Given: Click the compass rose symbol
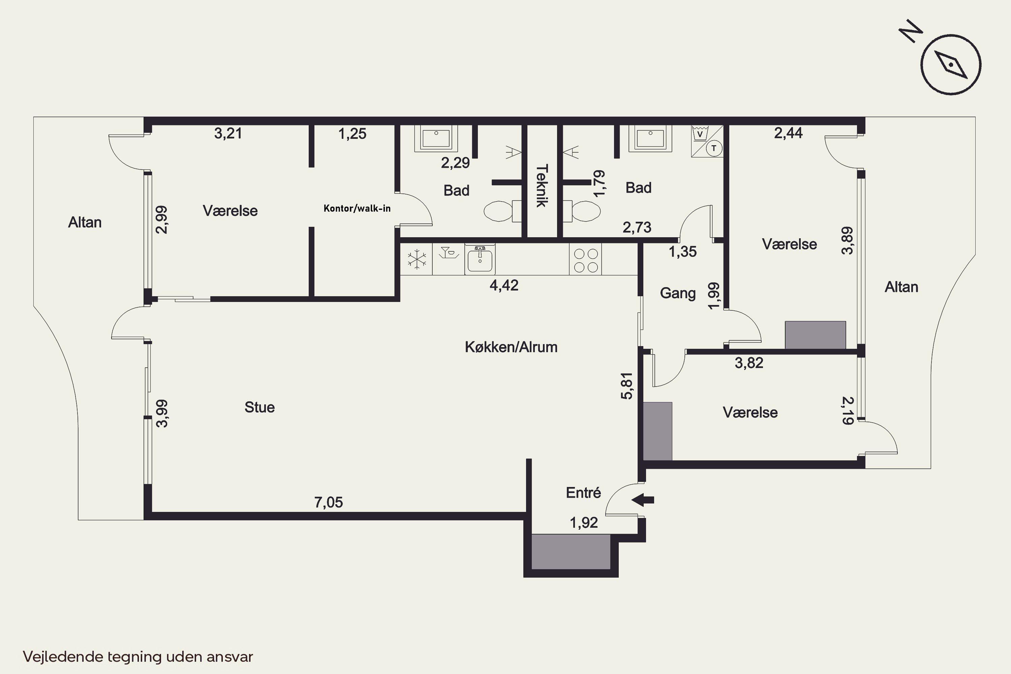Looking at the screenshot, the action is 951,64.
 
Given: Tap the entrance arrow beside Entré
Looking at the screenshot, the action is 643,500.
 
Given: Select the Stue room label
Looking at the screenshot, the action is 259,407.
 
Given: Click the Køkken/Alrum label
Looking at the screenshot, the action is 511,347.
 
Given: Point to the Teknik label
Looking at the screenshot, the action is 542,186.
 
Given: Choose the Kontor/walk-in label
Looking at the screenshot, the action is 357,209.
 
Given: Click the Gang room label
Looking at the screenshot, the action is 678,294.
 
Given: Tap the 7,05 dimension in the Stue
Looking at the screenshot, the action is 329,502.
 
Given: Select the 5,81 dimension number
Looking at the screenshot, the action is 627,386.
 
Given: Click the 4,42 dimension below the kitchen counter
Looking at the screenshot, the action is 504,285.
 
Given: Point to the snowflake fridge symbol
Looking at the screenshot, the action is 417,259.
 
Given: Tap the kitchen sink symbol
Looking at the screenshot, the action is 480,259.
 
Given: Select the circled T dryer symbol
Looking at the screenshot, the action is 714,149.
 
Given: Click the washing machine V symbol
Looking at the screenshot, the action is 700,133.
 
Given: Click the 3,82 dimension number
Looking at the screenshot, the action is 749,363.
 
